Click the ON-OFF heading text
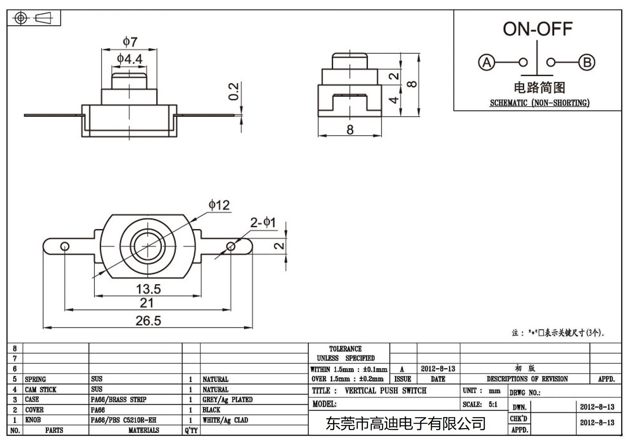tap(537, 29)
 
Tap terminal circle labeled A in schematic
tap(486, 63)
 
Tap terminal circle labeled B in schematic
tap(587, 63)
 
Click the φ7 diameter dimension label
tap(130, 41)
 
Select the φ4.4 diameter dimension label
tap(129, 59)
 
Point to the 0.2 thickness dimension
tap(234, 91)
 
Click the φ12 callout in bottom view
tap(219, 205)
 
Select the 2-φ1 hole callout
tap(263, 223)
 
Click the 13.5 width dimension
tap(148, 289)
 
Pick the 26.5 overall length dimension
tap(148, 321)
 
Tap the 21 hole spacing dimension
tap(147, 303)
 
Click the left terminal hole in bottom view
tap(65, 247)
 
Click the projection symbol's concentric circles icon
tap(21, 18)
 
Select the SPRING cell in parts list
tap(35, 379)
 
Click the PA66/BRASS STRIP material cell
tap(118, 399)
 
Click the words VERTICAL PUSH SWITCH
tap(385, 391)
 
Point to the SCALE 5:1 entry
tap(480, 404)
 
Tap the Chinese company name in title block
tap(406, 424)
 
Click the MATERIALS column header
tap(143, 430)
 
